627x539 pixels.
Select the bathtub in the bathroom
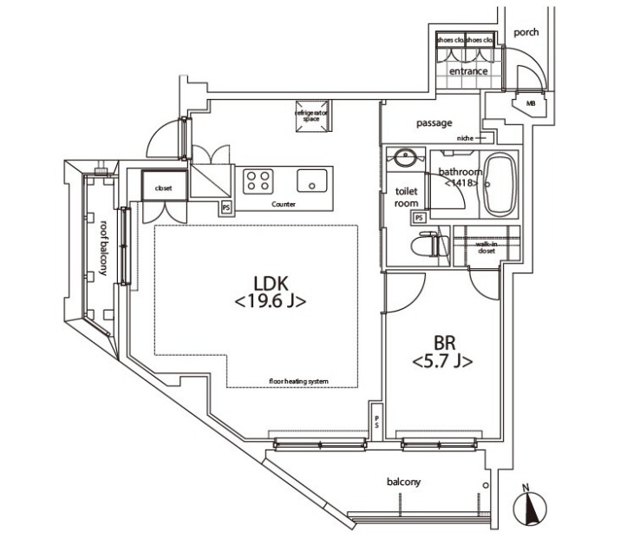pos(499,186)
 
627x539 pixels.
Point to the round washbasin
pos(404,159)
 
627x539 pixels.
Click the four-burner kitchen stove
pos(258,181)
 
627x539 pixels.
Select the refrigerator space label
pos(312,116)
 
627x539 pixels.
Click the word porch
pos(526,32)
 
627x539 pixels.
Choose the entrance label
pos(468,71)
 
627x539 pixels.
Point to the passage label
pos(434,123)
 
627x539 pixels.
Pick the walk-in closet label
pos(486,247)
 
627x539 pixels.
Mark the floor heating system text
pos(298,381)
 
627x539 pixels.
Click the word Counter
pos(284,205)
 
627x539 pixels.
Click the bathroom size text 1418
pos(460,183)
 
